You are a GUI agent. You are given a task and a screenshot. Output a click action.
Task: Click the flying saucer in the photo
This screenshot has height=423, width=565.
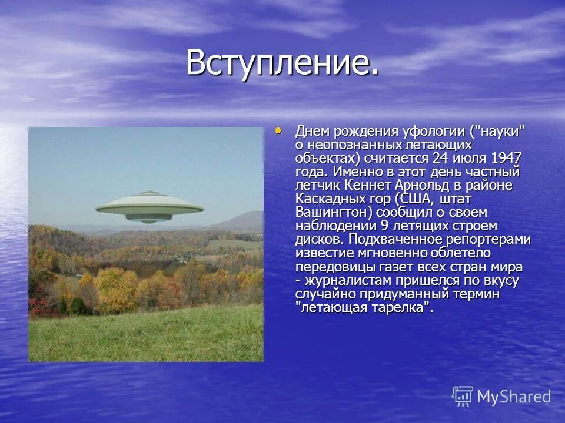[149, 209]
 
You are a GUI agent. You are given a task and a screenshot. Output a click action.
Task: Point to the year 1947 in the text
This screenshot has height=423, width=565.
[506, 158]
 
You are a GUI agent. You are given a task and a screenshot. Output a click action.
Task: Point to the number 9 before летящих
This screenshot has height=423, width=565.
[385, 226]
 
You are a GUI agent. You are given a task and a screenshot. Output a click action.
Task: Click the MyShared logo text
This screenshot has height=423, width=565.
[514, 397]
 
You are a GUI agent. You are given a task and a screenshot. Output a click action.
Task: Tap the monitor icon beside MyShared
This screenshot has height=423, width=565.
[463, 397]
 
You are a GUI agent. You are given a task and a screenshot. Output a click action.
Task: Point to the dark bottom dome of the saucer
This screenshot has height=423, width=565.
[149, 218]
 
